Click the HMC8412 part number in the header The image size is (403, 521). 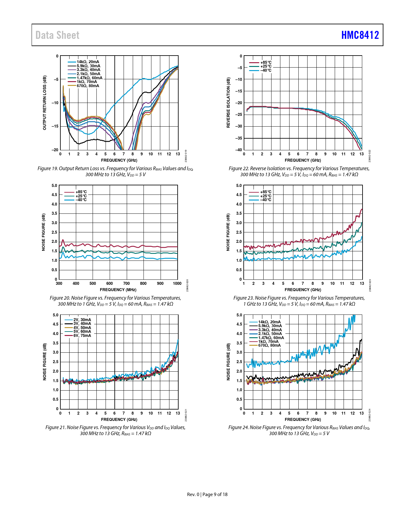(360, 35)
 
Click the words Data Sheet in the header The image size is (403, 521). (57, 35)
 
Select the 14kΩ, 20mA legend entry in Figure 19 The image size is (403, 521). (88, 62)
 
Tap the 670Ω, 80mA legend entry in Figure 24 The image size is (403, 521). (269, 345)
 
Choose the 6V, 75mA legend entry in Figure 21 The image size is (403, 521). (82, 335)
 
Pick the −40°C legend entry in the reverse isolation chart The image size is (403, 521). (266, 70)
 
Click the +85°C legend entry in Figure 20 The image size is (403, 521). (81, 192)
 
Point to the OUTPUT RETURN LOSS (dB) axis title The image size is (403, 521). (45, 103)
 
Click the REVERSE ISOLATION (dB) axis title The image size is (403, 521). (228, 103)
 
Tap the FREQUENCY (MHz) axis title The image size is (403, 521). (118, 290)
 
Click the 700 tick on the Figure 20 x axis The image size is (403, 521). (126, 283)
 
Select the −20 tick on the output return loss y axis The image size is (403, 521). (55, 150)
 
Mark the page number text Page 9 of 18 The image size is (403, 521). (215, 494)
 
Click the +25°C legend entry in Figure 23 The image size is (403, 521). (266, 196)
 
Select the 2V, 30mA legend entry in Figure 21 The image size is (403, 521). (82, 320)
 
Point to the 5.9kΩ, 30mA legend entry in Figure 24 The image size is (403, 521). (270, 326)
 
